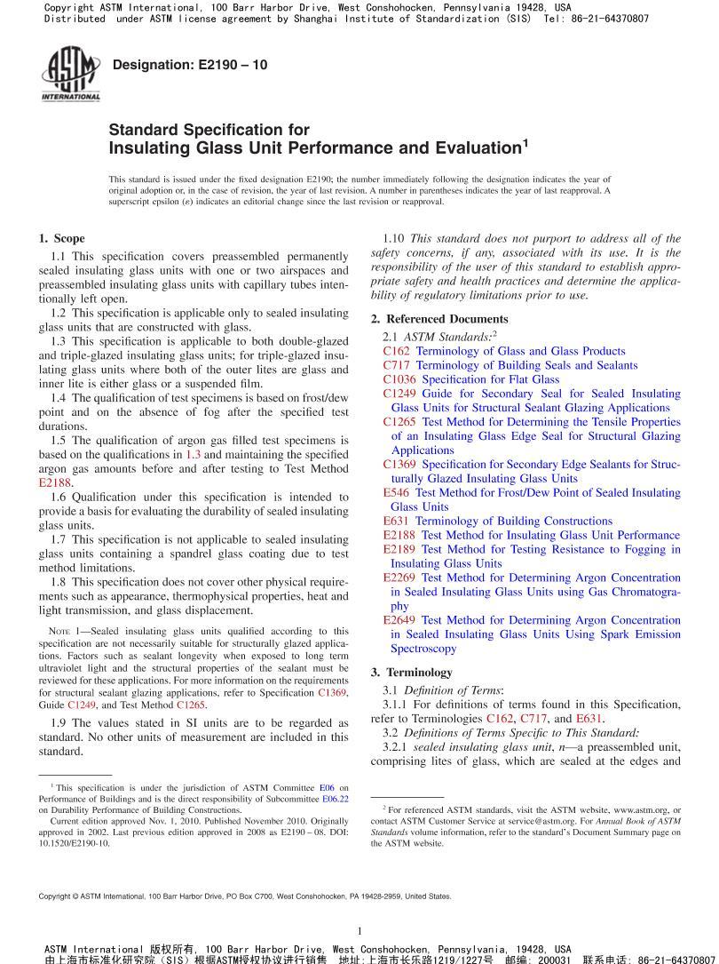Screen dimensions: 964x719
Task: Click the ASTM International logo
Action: coord(70,74)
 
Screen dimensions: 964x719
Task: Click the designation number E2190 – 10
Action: coord(190,65)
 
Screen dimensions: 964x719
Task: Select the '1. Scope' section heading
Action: coord(62,238)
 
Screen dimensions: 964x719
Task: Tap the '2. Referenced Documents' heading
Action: coord(439,319)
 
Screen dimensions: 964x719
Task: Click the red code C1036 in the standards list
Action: coord(399,379)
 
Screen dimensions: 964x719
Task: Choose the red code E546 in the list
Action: coord(396,492)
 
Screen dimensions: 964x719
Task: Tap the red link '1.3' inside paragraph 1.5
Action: coord(193,454)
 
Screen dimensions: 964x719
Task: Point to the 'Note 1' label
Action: coord(63,631)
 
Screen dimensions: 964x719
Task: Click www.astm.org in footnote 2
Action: coord(640,810)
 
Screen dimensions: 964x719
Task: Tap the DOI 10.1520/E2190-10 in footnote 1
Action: coord(75,843)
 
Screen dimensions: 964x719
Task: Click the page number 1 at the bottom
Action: coord(359,930)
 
